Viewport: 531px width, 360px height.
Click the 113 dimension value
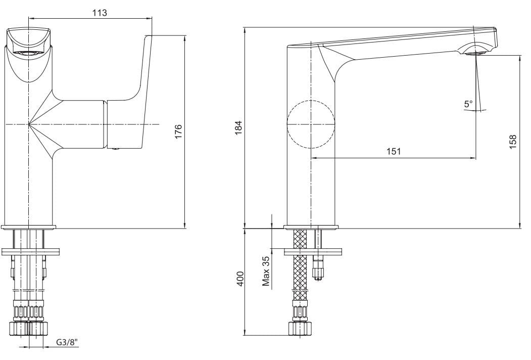click(100, 13)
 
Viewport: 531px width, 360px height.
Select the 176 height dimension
click(179, 131)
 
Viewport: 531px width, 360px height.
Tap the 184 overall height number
click(240, 127)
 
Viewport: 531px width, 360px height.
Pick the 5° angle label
click(468, 104)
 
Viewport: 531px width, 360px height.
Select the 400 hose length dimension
click(240, 279)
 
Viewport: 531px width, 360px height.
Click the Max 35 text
click(266, 271)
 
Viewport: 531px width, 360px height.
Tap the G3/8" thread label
click(67, 342)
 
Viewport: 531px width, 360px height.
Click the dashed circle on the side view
click(311, 124)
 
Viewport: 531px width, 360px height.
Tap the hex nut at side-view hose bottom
click(300, 328)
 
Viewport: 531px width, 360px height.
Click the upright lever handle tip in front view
click(148, 39)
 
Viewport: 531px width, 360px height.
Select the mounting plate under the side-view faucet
click(313, 250)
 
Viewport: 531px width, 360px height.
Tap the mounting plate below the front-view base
click(31, 250)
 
